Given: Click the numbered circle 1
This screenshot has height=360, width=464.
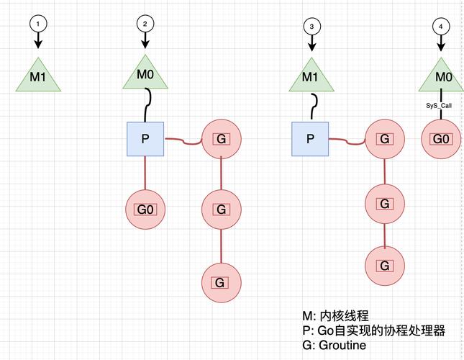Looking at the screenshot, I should point(38,23).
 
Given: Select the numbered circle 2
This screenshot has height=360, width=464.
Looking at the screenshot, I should point(146,23).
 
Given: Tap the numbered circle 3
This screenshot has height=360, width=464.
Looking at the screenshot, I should point(311,26).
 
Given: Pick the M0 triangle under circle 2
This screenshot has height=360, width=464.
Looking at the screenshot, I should point(146,75).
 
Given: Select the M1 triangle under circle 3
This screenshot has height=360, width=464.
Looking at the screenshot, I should point(311,78).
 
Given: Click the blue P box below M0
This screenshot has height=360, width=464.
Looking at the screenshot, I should point(145,138).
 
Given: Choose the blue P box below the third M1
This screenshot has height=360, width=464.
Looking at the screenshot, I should point(311,139).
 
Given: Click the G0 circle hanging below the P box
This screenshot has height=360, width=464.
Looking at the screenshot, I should point(145,210).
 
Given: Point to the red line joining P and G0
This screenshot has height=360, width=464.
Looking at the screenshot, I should point(145,174).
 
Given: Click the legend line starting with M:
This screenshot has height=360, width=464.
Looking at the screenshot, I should point(335,315).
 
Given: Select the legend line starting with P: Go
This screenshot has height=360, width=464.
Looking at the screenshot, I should point(373,330).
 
